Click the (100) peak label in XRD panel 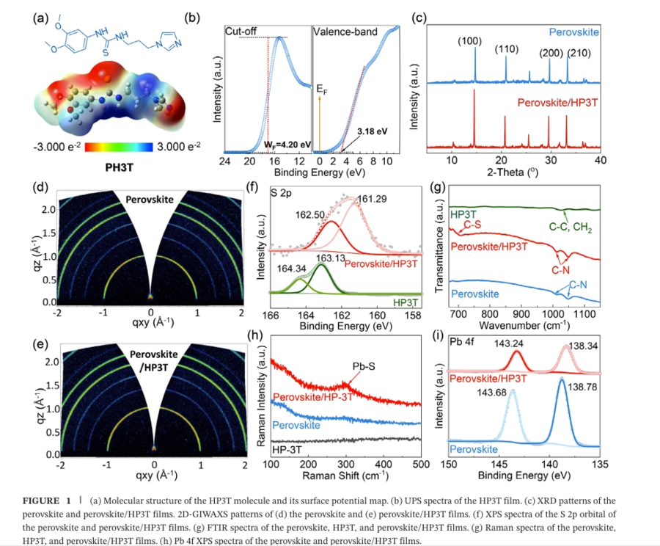click(469, 41)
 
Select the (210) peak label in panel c click(579, 53)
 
